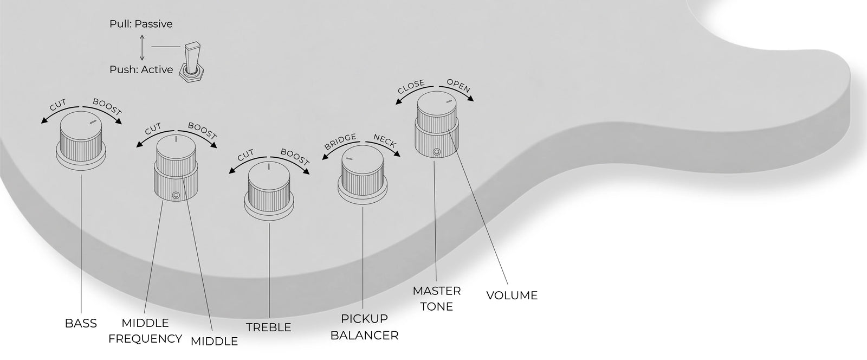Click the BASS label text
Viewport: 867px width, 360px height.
click(x=81, y=323)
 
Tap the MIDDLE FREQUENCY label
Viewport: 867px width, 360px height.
click(x=145, y=331)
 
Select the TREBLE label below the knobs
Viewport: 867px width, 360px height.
click(x=269, y=327)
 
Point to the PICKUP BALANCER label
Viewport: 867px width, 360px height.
click(x=364, y=327)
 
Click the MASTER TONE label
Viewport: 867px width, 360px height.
click(x=437, y=298)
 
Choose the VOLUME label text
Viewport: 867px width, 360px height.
click(x=512, y=295)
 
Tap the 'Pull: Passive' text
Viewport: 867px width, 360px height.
click(x=141, y=24)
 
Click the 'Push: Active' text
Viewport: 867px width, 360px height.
click(x=141, y=70)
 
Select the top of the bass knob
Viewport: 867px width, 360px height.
click(x=81, y=124)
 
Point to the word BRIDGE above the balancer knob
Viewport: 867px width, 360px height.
click(x=340, y=142)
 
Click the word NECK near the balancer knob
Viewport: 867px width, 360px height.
click(x=385, y=141)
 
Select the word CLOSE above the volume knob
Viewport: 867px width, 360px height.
click(x=411, y=86)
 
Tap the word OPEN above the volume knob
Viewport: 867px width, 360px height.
click(x=458, y=86)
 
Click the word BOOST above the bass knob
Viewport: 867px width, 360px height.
click(x=107, y=107)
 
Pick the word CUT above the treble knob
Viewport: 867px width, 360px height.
click(x=245, y=155)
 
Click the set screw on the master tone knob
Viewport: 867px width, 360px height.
click(x=437, y=152)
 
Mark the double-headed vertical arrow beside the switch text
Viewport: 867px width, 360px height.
click(x=142, y=48)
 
